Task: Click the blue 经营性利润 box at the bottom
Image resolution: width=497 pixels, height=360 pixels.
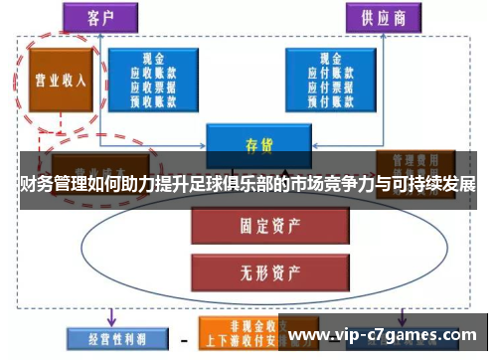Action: pos(107,337)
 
